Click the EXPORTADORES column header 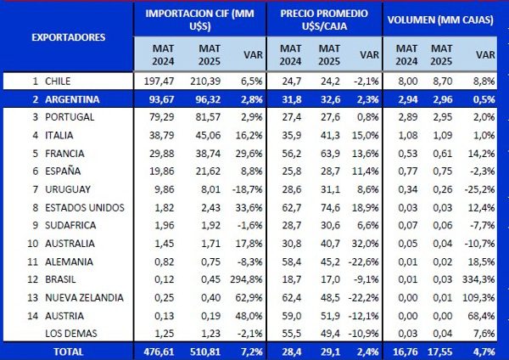point(68,37)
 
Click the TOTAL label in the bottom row point(67,350)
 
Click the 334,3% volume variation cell point(479,280)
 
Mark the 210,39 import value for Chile point(205,82)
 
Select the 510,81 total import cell point(205,350)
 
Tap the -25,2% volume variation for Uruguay point(479,189)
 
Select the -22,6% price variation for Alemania point(365,262)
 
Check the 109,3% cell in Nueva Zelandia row point(479,298)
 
